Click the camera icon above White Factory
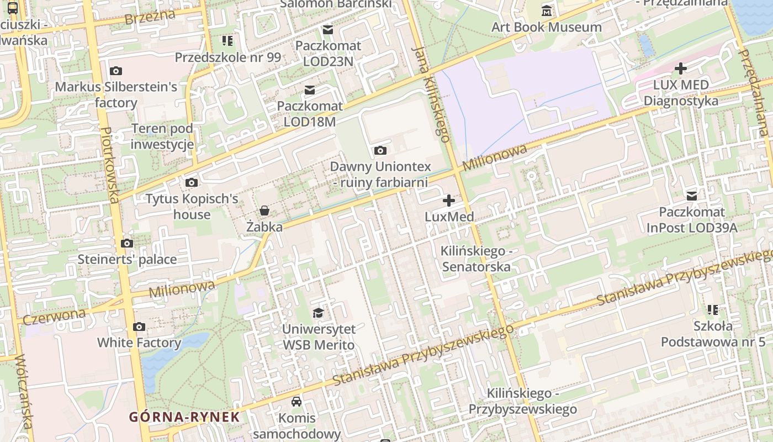click(x=139, y=327)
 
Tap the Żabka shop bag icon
click(x=264, y=211)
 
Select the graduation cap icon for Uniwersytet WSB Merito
click(x=318, y=313)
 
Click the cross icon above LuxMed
click(x=449, y=200)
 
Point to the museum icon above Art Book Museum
click(x=547, y=10)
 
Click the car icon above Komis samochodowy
click(x=297, y=401)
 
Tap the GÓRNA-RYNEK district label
click(x=184, y=417)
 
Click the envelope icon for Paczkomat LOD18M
click(x=310, y=90)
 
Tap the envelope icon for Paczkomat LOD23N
click(x=328, y=29)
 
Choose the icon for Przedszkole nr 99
click(x=227, y=41)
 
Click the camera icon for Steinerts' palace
click(x=127, y=243)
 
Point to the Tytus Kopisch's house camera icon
click(x=191, y=182)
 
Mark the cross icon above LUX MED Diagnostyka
click(x=681, y=69)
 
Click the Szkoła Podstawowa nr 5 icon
click(x=712, y=309)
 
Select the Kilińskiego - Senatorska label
click(x=475, y=259)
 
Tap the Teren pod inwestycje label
click(x=162, y=136)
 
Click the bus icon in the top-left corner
click(x=12, y=8)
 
